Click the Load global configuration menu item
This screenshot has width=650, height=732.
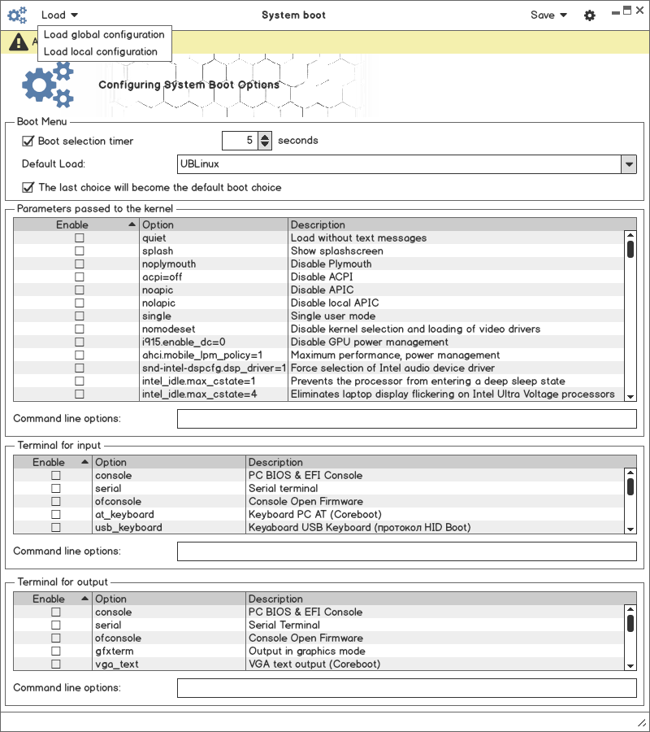coord(104,35)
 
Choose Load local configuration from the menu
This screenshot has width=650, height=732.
coord(101,51)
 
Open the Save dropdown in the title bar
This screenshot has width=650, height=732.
coord(548,15)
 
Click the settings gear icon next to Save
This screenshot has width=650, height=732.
coord(590,15)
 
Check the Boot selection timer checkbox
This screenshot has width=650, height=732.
coord(28,141)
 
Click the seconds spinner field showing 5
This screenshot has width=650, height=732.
coord(240,141)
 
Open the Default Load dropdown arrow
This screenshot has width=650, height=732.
coord(629,164)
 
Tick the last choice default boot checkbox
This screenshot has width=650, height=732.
coord(28,188)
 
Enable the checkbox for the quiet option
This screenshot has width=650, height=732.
coord(79,238)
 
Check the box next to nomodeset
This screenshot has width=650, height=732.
coord(79,329)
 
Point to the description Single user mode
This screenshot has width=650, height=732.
coord(333,316)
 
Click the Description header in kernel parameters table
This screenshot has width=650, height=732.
coord(318,225)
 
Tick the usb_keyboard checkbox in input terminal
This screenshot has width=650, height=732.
coord(56,528)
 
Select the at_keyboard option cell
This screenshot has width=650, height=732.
coord(124,515)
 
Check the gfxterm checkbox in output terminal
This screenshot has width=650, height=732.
coord(56,651)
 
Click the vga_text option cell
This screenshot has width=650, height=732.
coord(117,664)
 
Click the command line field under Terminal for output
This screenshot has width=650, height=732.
coord(406,688)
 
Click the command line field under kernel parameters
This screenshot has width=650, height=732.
coord(406,419)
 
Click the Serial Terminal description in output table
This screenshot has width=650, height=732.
coord(284,625)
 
